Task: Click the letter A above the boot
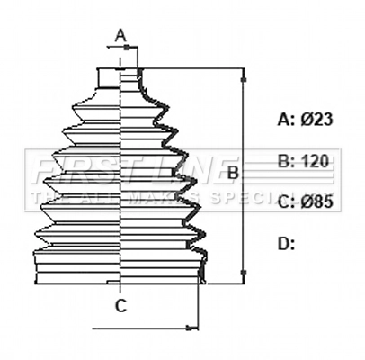[x=121, y=36]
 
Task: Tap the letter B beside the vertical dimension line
[x=231, y=172]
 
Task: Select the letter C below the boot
[x=120, y=306]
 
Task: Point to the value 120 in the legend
[x=312, y=161]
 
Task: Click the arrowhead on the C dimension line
[x=191, y=327]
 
